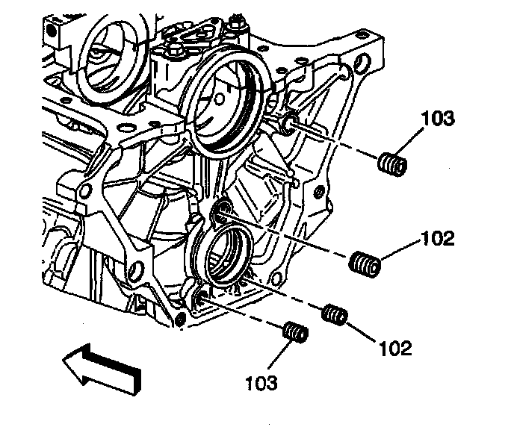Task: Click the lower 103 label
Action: [261, 383]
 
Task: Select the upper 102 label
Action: [438, 239]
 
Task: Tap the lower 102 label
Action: [395, 348]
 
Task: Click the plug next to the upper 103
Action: [391, 163]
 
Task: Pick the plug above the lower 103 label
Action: [296, 332]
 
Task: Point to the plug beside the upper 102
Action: [365, 264]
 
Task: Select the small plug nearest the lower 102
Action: [334, 316]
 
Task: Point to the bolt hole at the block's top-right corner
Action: [364, 63]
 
